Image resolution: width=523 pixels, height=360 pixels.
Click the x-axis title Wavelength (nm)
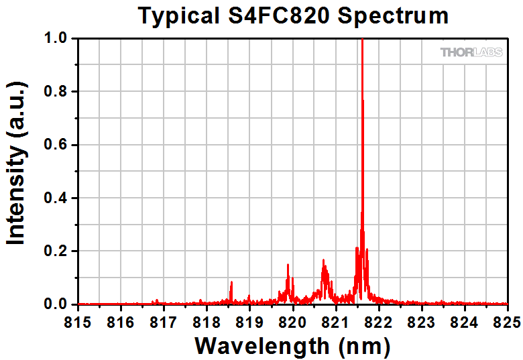click(292, 345)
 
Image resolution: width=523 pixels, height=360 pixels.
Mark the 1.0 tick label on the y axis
click(56, 39)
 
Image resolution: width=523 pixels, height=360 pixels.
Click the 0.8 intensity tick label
click(56, 92)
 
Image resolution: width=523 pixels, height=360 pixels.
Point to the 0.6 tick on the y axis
click(56, 145)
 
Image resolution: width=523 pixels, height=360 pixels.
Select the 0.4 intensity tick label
click(56, 198)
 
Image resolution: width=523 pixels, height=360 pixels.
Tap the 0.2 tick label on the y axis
click(56, 251)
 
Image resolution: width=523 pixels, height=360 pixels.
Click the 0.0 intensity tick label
click(56, 304)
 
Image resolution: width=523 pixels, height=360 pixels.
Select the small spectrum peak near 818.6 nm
click(231, 284)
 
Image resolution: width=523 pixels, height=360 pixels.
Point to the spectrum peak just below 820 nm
click(288, 266)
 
